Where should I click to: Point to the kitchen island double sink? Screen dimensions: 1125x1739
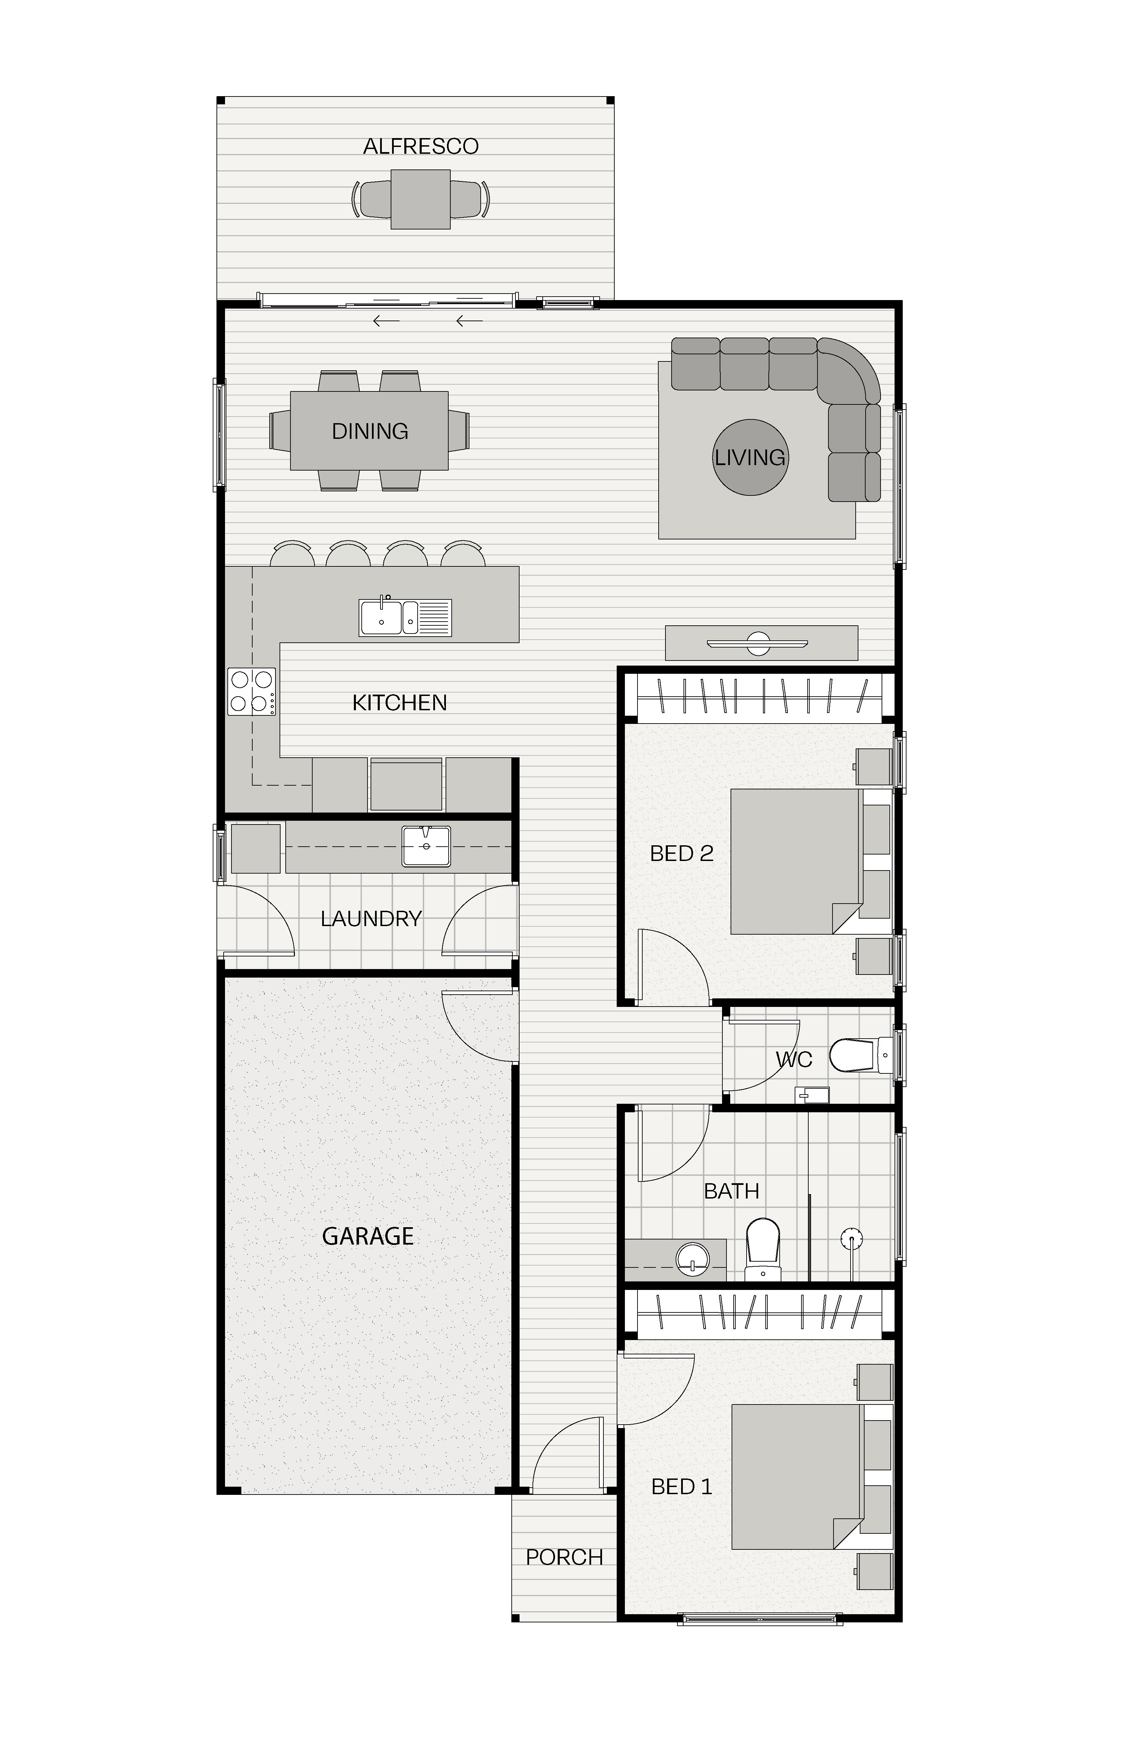(x=405, y=618)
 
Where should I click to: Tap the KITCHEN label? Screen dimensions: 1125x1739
(x=400, y=703)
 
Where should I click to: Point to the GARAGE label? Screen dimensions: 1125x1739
(x=368, y=1236)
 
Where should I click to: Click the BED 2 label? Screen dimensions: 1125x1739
(x=681, y=853)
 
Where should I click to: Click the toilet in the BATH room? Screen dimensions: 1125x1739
(x=763, y=1249)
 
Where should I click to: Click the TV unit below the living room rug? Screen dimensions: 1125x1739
(x=761, y=643)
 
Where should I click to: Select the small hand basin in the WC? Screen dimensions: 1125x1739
(x=812, y=1095)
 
